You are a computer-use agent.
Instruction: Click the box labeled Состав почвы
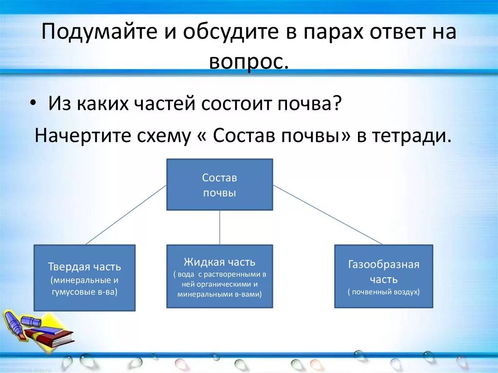click(219, 185)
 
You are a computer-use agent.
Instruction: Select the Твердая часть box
click(84, 278)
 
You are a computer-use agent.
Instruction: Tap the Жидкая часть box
click(219, 276)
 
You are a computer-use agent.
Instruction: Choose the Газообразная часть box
click(383, 276)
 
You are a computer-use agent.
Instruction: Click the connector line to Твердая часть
click(126, 214)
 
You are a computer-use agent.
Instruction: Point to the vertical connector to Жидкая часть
click(219, 227)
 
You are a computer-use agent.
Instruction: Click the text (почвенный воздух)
click(383, 292)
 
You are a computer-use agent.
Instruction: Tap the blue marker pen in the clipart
click(19, 323)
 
